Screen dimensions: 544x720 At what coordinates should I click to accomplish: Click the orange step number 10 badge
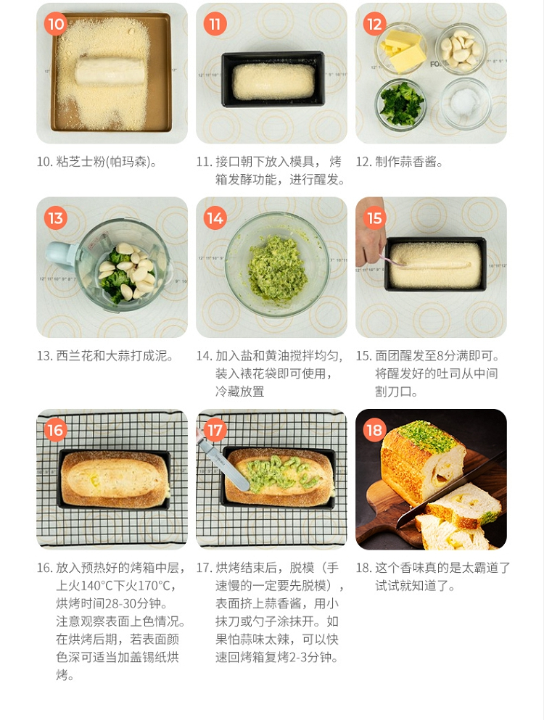[56, 24]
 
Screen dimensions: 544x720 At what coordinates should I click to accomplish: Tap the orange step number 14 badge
[215, 218]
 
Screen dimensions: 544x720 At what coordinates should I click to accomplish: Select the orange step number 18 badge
[374, 430]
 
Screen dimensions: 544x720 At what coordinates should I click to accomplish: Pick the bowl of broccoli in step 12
[400, 104]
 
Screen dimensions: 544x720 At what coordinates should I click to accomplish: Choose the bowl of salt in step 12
[465, 103]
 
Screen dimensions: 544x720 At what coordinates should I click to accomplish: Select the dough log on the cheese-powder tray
[110, 70]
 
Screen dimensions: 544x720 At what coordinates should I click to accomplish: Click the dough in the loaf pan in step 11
[273, 81]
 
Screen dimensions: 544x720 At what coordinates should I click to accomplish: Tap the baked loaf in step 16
[115, 479]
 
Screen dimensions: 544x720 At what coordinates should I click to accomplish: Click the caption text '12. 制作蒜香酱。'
[399, 162]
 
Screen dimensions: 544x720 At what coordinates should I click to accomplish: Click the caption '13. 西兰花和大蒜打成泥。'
[105, 356]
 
